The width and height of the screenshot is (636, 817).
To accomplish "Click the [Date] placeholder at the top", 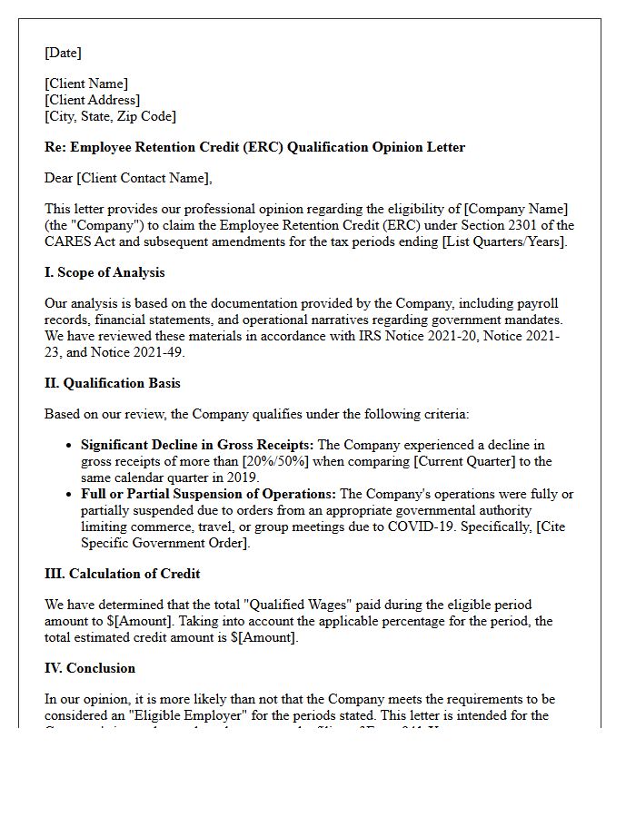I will coord(63,53).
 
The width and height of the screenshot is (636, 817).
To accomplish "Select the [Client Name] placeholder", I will coord(86,84).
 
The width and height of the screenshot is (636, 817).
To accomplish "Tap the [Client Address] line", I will coord(93,100).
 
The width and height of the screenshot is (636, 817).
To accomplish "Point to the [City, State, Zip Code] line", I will coord(110,116).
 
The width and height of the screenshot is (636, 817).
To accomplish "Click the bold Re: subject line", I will coord(254,147).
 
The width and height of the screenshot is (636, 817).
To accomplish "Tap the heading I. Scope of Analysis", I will coord(104,272).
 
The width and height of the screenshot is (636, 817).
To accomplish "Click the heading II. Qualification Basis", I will coord(113,383).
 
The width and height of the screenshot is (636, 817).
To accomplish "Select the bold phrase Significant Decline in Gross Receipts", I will coord(196,445).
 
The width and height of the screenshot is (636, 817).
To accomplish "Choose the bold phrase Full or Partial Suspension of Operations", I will coord(208,494).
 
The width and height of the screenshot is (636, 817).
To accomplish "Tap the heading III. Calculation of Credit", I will coord(122,574).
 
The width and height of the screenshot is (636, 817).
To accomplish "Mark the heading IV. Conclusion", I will coord(90,668).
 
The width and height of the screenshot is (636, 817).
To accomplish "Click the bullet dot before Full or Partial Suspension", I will coord(71,495).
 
